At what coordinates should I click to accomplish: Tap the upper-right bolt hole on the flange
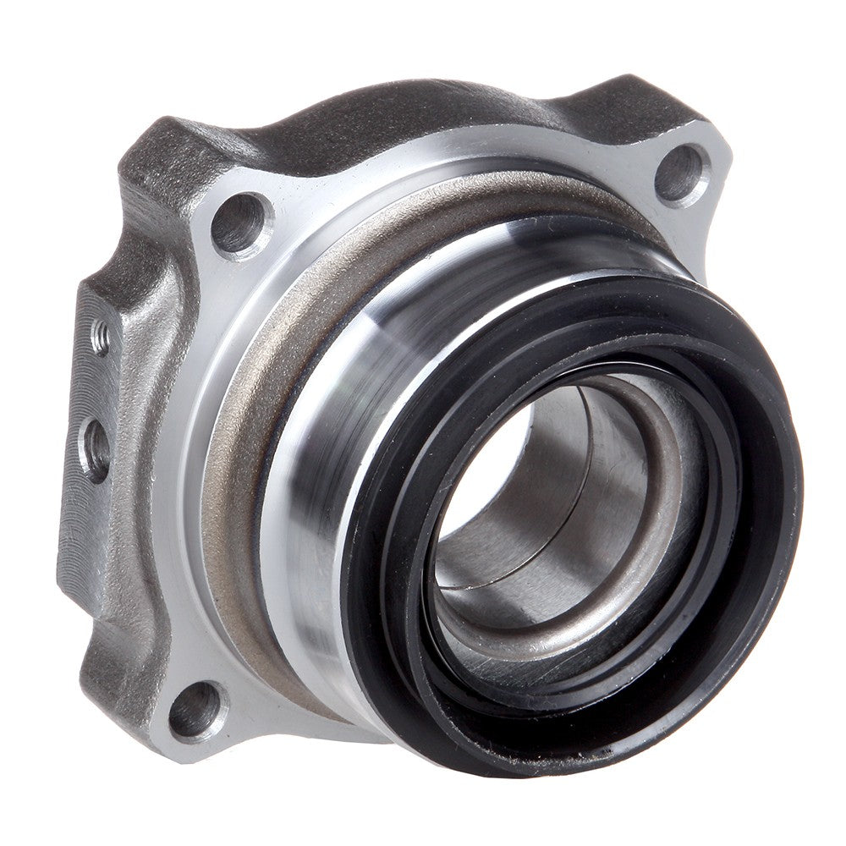pyautogui.click(x=682, y=173)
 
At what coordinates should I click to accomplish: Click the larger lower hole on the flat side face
pyautogui.click(x=96, y=448)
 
